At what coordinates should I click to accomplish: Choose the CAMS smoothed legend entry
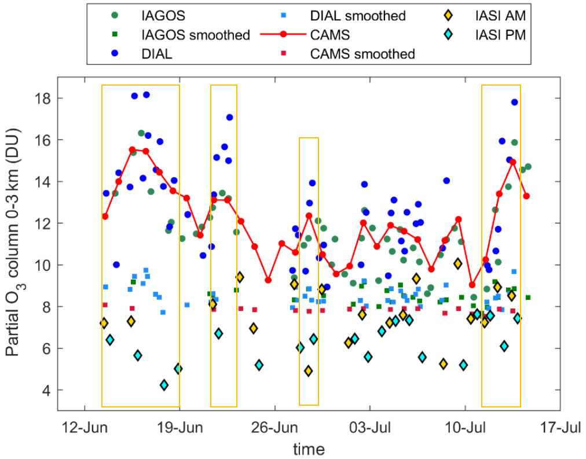tap(362, 54)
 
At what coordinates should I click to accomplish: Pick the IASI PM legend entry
tap(488, 35)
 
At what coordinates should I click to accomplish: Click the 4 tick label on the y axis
tap(47, 390)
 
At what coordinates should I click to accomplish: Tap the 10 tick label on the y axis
tap(45, 265)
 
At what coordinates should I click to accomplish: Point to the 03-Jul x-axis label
tap(370, 429)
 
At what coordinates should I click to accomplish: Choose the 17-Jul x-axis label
tap(560, 429)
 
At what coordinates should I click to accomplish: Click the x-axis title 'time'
tap(308, 449)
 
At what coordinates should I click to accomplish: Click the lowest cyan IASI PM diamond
tap(164, 385)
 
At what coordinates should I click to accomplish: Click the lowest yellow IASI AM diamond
tap(309, 370)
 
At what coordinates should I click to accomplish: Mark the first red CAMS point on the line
tap(105, 216)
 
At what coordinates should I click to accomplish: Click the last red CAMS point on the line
tap(526, 196)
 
